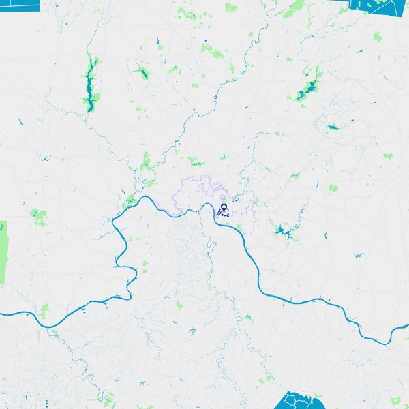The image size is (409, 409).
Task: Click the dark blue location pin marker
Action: click(x=224, y=208)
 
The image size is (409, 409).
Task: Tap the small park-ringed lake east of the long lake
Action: click(x=143, y=73)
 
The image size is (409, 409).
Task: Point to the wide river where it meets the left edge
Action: click(x=3, y=314)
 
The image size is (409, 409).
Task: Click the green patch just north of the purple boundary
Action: click(x=196, y=162)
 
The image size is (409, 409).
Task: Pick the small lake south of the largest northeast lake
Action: click(x=333, y=127)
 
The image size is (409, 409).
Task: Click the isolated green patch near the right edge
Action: click(x=388, y=156)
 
